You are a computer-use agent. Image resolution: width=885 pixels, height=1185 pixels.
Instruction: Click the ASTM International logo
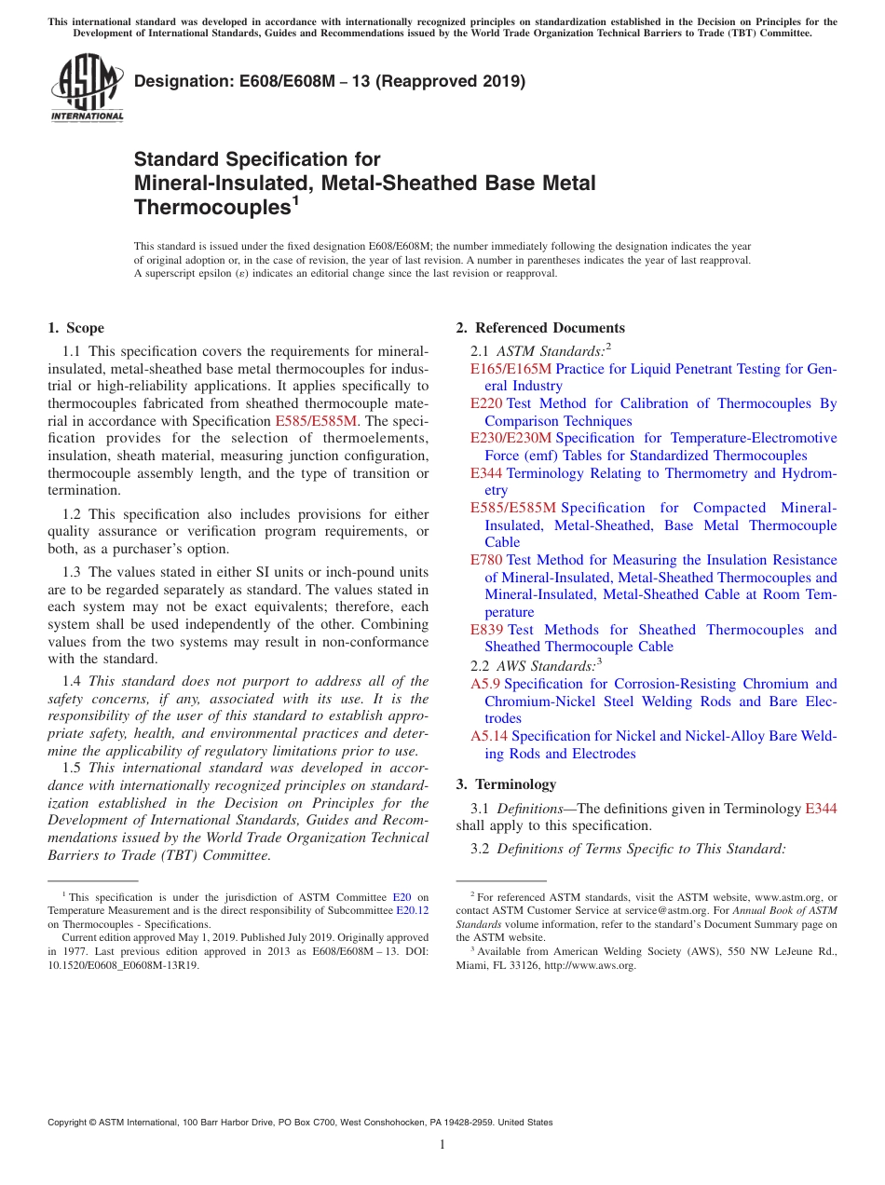click(87, 88)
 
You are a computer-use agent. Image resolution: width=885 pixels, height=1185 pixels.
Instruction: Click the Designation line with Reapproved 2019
click(330, 81)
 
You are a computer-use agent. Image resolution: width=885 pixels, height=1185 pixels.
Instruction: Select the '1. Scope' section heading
click(75, 328)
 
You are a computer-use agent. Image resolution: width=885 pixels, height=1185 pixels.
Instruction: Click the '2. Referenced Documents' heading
click(540, 328)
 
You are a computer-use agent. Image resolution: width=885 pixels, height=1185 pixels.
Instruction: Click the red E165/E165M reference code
click(511, 369)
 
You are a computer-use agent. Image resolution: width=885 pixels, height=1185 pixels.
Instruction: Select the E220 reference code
click(486, 403)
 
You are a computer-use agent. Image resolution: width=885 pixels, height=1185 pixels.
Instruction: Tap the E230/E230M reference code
click(511, 438)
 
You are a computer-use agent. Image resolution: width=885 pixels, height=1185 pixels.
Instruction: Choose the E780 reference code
click(486, 560)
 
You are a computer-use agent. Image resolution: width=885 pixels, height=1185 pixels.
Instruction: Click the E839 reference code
click(486, 630)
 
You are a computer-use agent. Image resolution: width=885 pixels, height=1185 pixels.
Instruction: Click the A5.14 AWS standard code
click(489, 736)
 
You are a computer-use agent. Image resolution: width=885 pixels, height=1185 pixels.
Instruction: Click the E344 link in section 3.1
click(821, 809)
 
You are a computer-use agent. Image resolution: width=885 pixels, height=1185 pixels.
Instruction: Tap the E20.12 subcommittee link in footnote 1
click(413, 911)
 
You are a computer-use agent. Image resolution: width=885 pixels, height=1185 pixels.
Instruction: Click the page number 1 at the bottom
click(442, 1144)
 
